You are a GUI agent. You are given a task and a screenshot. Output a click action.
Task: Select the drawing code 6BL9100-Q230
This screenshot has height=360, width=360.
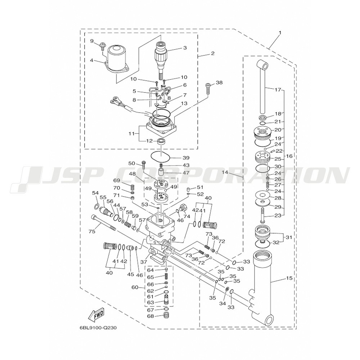pyautogui.click(x=98, y=328)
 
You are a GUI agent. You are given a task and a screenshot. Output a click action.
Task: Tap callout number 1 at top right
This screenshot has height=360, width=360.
pyautogui.click(x=280, y=33)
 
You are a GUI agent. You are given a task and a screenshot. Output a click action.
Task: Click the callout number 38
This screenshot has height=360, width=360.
pyautogui.click(x=219, y=83)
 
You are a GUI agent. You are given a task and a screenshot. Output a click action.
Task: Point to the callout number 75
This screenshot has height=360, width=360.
pyautogui.click(x=92, y=231)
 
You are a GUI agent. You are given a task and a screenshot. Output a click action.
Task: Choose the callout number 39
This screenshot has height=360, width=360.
pyautogui.click(x=186, y=158)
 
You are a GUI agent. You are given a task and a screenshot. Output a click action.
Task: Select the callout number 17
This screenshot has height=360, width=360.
pyautogui.click(x=278, y=90)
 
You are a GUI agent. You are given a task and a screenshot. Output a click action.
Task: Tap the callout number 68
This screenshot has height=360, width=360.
pyautogui.click(x=150, y=316)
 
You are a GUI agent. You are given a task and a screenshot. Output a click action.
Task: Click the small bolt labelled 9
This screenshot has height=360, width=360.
pyautogui.click(x=102, y=46)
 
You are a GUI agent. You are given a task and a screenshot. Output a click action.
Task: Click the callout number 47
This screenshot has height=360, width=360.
pyautogui.click(x=186, y=173)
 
